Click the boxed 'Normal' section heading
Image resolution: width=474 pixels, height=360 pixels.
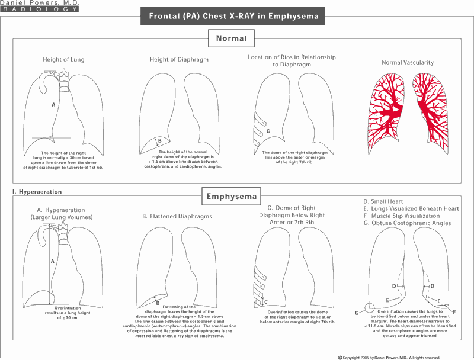point(231,38)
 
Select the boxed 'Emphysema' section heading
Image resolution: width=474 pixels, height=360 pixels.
point(231,196)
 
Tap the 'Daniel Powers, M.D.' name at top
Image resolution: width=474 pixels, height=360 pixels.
point(39,4)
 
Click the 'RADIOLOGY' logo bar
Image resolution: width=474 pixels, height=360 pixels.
point(39,10)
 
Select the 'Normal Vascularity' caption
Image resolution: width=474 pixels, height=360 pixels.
point(408,62)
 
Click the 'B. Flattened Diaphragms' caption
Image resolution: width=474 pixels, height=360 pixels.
point(177,217)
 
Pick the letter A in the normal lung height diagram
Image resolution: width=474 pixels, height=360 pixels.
point(53,104)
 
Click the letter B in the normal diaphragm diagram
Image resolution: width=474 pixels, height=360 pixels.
point(159,140)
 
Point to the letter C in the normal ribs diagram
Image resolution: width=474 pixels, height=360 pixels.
point(268,131)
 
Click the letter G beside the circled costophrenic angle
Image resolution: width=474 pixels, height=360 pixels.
point(357,311)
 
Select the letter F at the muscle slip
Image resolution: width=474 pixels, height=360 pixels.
point(453,311)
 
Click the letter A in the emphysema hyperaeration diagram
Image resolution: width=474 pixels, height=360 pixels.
point(53,261)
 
